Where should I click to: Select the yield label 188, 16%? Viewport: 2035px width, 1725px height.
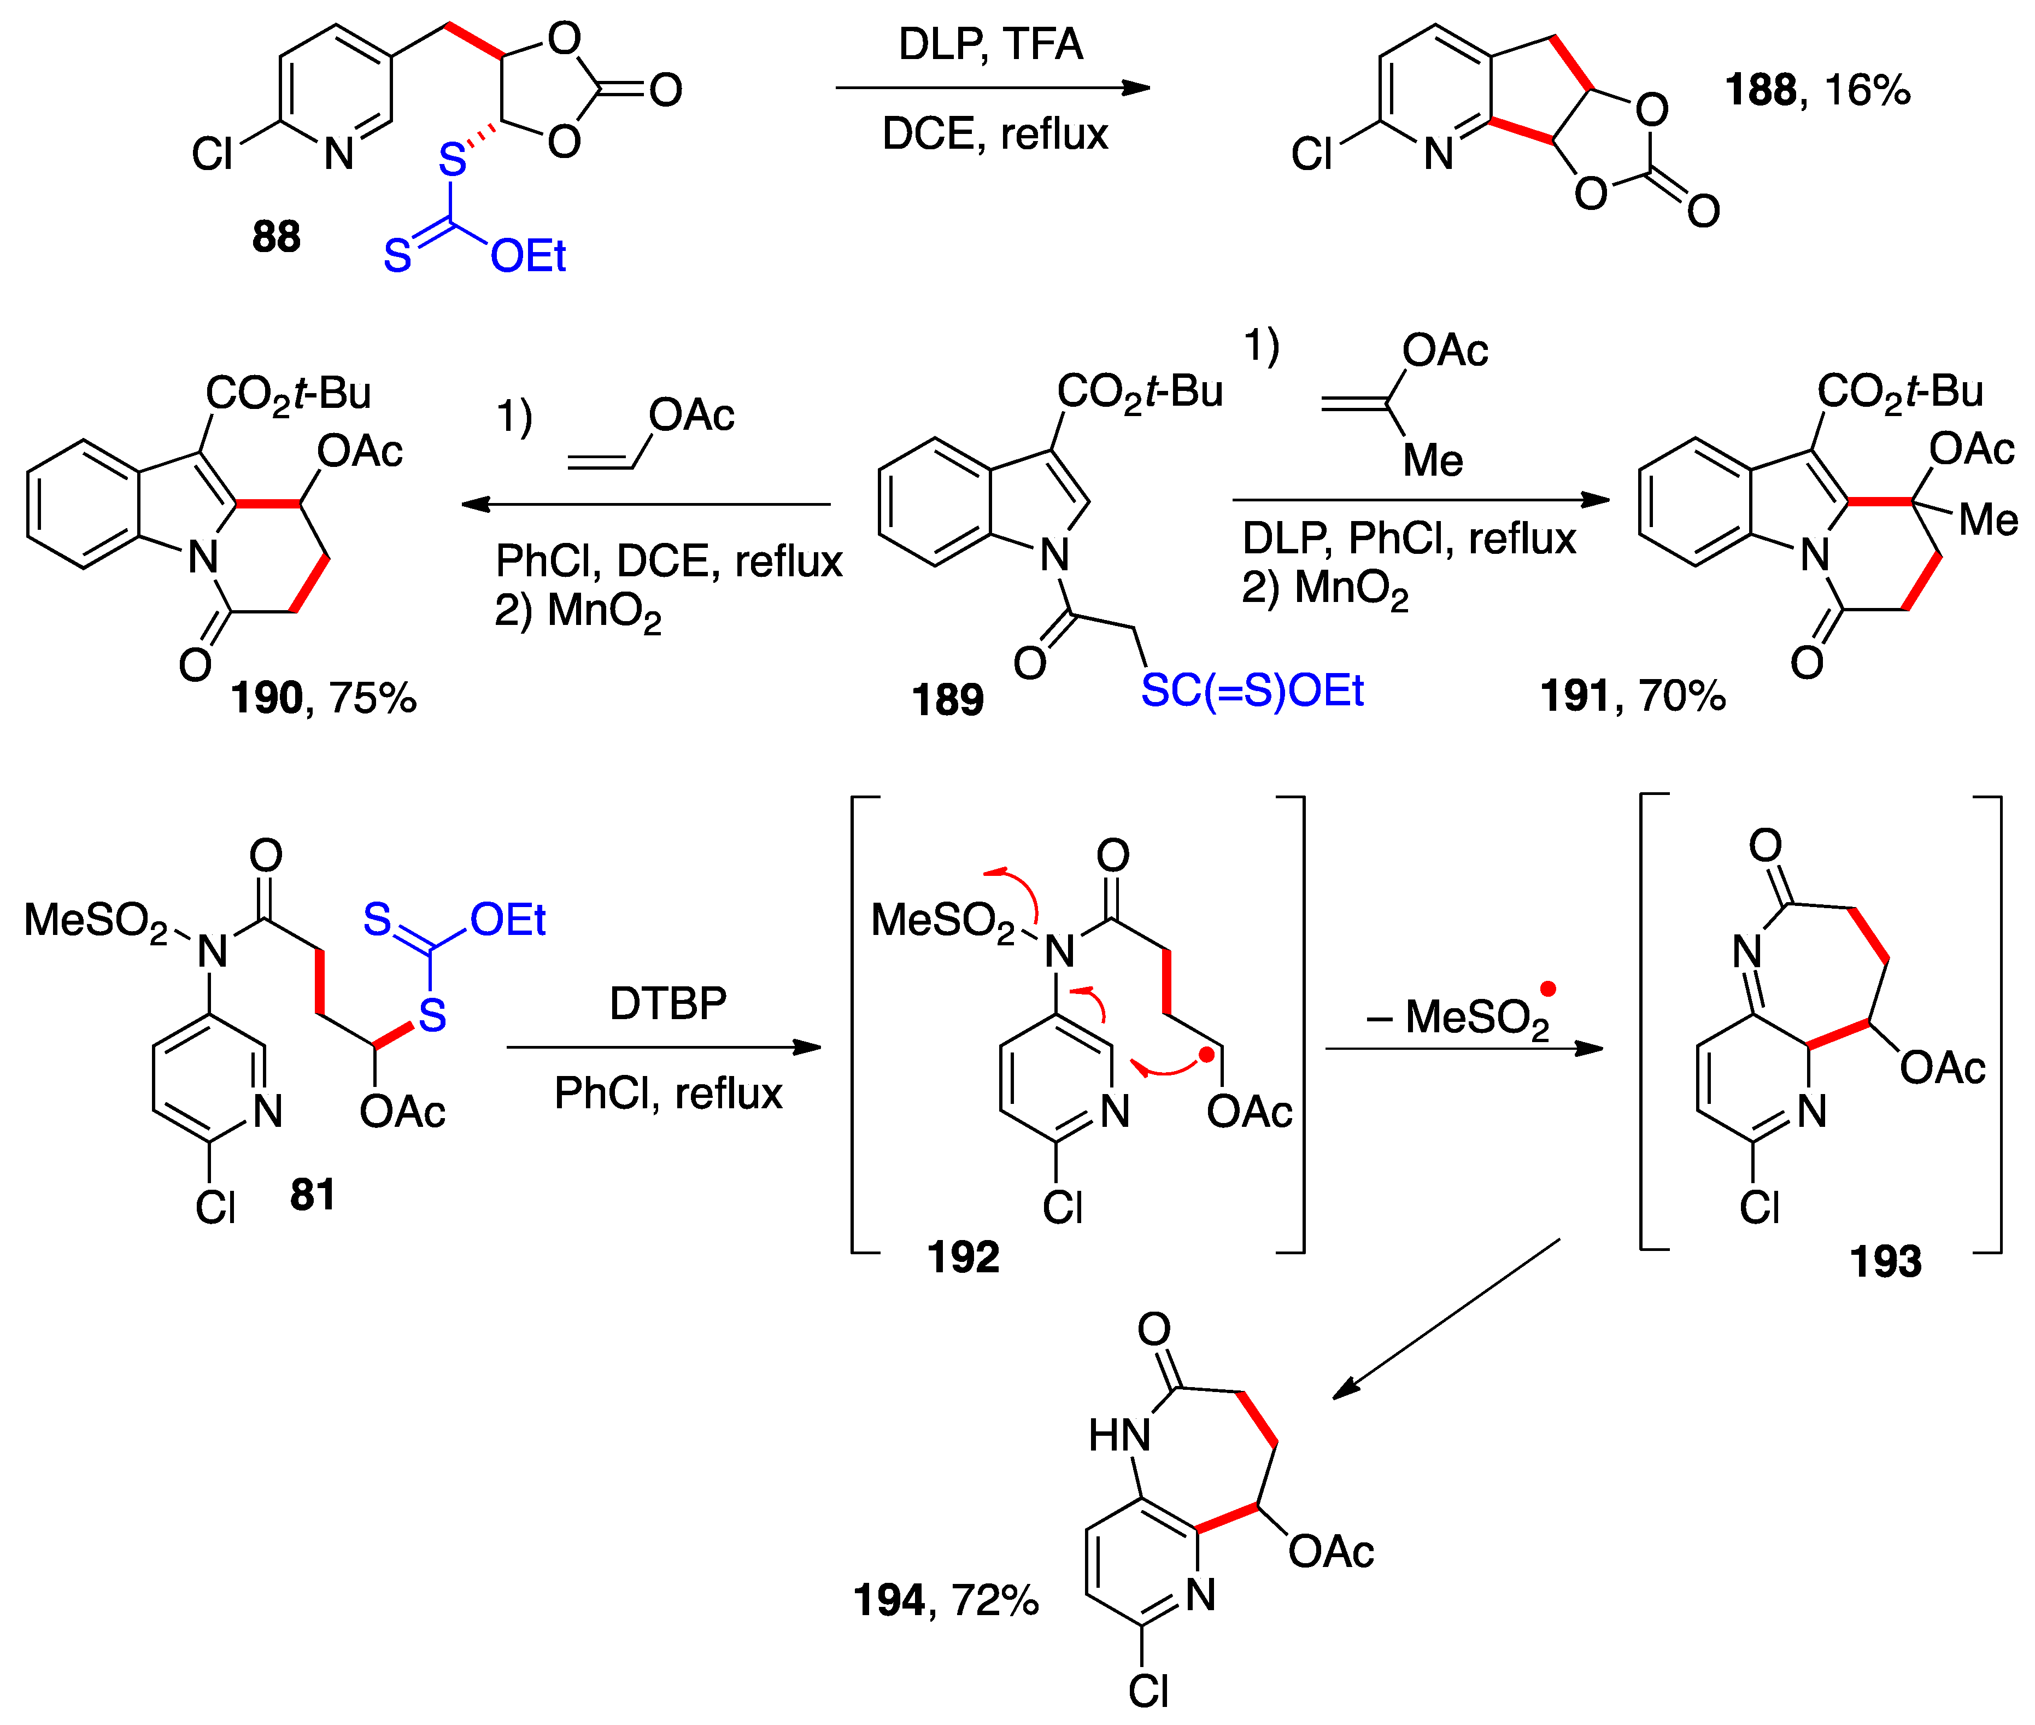[1816, 90]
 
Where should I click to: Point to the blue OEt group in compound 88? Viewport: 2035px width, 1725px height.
[528, 256]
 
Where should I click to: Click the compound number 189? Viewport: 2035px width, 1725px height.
[947, 700]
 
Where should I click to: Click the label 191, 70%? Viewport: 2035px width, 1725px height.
[1632, 696]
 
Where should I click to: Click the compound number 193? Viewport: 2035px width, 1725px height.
[1885, 1261]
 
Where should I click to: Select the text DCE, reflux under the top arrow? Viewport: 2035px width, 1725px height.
[995, 134]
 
